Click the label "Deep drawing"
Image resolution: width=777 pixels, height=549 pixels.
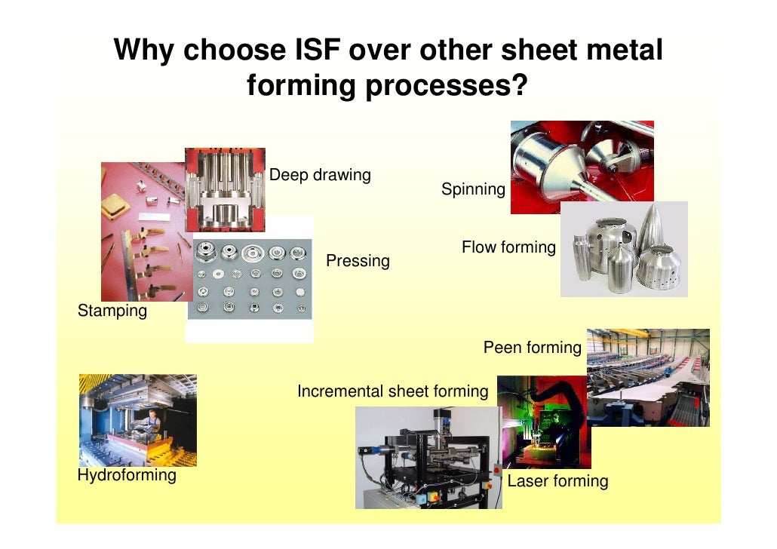click(320, 176)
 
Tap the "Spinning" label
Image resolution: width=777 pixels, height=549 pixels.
click(473, 189)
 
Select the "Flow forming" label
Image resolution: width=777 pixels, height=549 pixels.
click(508, 247)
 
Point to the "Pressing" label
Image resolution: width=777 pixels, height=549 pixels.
click(358, 261)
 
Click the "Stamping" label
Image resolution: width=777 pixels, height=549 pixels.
click(112, 311)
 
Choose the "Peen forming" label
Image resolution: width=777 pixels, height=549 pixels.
click(532, 348)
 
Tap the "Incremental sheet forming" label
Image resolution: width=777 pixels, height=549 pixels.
click(392, 391)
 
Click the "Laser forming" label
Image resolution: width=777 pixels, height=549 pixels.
click(557, 481)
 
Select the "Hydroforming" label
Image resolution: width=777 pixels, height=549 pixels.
click(127, 475)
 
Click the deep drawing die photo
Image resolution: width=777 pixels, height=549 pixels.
click(225, 189)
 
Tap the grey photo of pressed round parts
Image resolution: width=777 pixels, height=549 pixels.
click(250, 278)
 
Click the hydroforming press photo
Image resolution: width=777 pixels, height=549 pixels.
click(137, 420)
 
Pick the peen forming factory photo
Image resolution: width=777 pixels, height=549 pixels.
click(648, 377)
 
